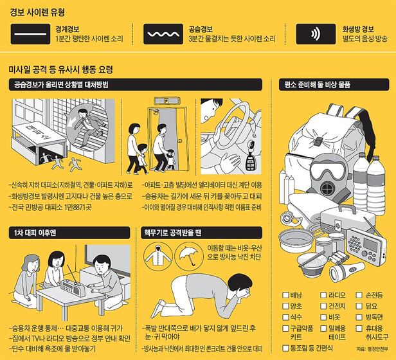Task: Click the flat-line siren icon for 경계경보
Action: pos(30,34)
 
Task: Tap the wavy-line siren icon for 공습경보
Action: pos(163,34)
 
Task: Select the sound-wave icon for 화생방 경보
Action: pos(316,34)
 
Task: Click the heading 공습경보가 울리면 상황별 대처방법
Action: pos(61,85)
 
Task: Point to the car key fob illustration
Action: pos(250,156)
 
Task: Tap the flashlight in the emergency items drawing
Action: pos(346,271)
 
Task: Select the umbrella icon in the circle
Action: pos(189,256)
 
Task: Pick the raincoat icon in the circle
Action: pos(158,256)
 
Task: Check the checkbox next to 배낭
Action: pos(285,295)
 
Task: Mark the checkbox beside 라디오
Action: pos(323,295)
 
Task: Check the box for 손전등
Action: pos(359,295)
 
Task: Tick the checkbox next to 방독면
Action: pos(359,318)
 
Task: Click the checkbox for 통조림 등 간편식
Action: pos(285,348)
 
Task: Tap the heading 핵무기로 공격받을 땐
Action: pos(173,233)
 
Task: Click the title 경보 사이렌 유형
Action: pos(37,12)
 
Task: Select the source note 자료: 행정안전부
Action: pos(372,349)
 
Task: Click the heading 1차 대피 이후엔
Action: pos(35,233)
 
